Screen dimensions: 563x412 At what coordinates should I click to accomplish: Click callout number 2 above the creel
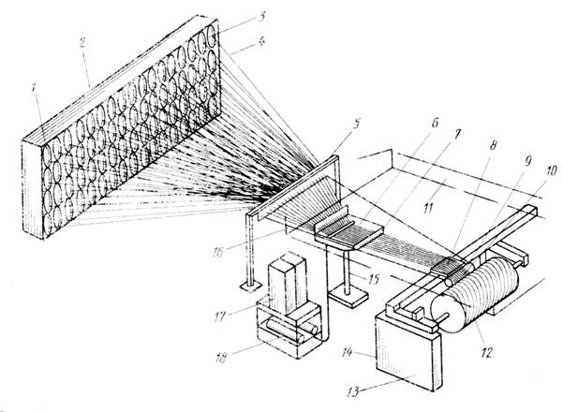pyautogui.click(x=82, y=43)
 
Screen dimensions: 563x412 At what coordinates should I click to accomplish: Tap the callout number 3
pyautogui.click(x=261, y=16)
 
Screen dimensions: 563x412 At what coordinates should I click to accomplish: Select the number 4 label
pyautogui.click(x=261, y=41)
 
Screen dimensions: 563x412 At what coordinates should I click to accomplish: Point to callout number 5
pyautogui.click(x=356, y=125)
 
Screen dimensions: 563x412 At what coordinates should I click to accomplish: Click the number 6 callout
pyautogui.click(x=435, y=123)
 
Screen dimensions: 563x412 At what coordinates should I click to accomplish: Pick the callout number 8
pyautogui.click(x=493, y=145)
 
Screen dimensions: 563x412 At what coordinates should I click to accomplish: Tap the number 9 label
pyautogui.click(x=527, y=161)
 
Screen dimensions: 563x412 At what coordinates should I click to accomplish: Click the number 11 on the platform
pyautogui.click(x=427, y=208)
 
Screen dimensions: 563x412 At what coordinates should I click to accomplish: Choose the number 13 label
pyautogui.click(x=354, y=392)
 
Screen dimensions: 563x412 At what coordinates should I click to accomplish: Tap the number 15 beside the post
pyautogui.click(x=374, y=279)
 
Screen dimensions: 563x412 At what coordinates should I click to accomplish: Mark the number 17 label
pyautogui.click(x=220, y=316)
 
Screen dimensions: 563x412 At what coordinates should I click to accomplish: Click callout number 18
pyautogui.click(x=221, y=359)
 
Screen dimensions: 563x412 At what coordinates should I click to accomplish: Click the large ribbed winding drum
pyautogui.click(x=475, y=294)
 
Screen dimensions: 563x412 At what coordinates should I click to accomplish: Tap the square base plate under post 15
pyautogui.click(x=348, y=297)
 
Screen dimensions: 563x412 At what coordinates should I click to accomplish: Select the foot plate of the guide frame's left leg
pyautogui.click(x=250, y=287)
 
